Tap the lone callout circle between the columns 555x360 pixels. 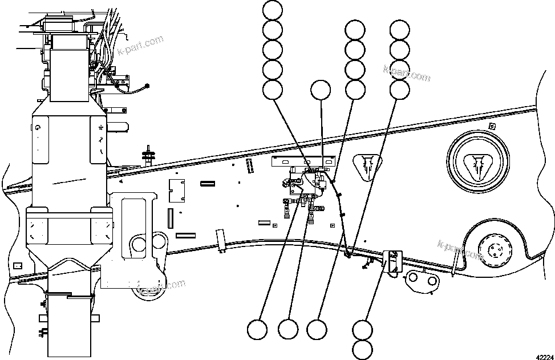click(x=320, y=90)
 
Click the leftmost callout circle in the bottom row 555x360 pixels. click(x=257, y=329)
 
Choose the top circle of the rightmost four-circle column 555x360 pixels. click(x=399, y=29)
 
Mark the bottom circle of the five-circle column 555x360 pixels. click(x=273, y=89)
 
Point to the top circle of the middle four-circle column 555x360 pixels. click(x=355, y=29)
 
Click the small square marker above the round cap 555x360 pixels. click(x=492, y=125)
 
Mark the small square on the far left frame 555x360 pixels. click(x=17, y=265)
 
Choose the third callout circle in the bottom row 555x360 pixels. click(x=317, y=329)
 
